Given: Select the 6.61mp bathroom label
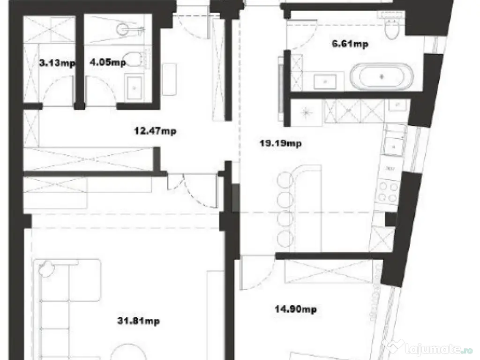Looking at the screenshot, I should click(349, 44).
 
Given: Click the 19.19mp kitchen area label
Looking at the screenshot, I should click(280, 143).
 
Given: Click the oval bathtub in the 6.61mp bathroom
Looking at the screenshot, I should click(382, 76).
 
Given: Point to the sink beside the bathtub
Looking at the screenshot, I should click(325, 81).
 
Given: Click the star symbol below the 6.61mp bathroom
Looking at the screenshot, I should click(306, 112).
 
